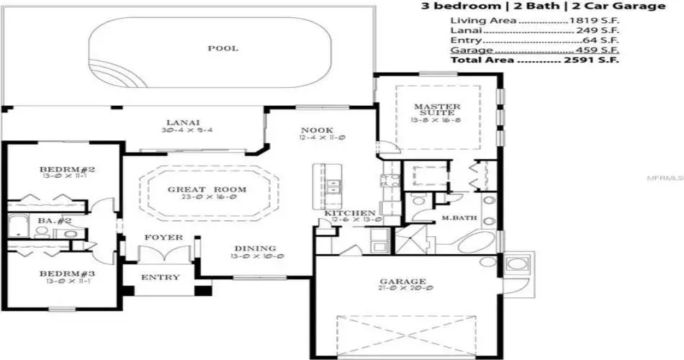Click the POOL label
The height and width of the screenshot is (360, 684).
click(222, 49)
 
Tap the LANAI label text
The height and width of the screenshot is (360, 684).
click(183, 122)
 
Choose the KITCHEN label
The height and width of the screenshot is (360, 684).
click(349, 214)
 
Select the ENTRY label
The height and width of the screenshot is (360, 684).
click(160, 278)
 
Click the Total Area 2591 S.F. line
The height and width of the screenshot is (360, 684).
click(534, 60)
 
